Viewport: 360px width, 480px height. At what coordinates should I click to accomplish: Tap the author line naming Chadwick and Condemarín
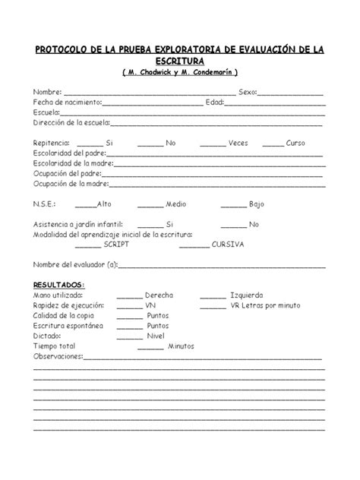(179, 72)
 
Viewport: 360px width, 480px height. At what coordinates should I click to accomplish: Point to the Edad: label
(216, 102)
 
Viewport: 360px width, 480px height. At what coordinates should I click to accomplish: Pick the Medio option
(176, 204)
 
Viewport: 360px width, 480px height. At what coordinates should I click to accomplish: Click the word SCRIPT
(118, 245)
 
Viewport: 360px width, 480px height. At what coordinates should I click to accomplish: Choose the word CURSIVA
(228, 245)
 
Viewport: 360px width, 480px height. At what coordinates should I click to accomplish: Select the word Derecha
(159, 295)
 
